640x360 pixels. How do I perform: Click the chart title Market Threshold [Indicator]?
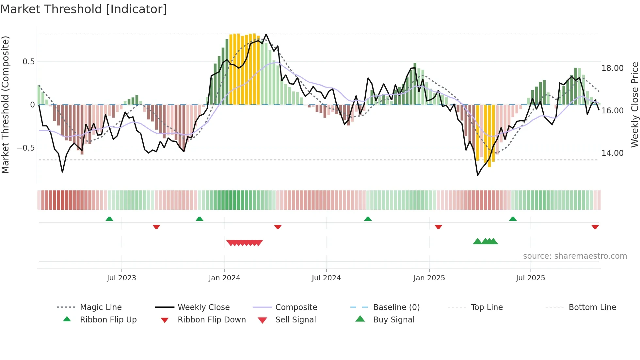[x=84, y=9]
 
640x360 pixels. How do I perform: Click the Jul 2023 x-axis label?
[x=121, y=278]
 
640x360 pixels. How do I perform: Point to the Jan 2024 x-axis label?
[x=224, y=278]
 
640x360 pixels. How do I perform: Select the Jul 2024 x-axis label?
[x=326, y=278]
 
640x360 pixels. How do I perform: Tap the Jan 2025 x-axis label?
[x=429, y=278]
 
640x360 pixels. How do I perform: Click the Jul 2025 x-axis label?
[x=530, y=278]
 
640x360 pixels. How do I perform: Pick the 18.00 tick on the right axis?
[x=612, y=68]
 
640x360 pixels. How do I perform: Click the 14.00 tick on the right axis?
[x=612, y=153]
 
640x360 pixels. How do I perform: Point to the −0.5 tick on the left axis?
[x=25, y=148]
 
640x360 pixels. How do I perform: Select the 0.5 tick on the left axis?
[x=28, y=62]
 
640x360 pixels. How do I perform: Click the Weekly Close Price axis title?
[x=634, y=105]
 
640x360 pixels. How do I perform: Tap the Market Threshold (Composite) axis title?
[x=5, y=105]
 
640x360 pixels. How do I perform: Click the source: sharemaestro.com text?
[x=575, y=256]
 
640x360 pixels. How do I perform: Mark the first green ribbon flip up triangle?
[x=109, y=219]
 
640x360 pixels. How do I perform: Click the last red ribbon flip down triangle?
[x=595, y=227]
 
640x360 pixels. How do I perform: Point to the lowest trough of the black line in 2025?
[x=478, y=175]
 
